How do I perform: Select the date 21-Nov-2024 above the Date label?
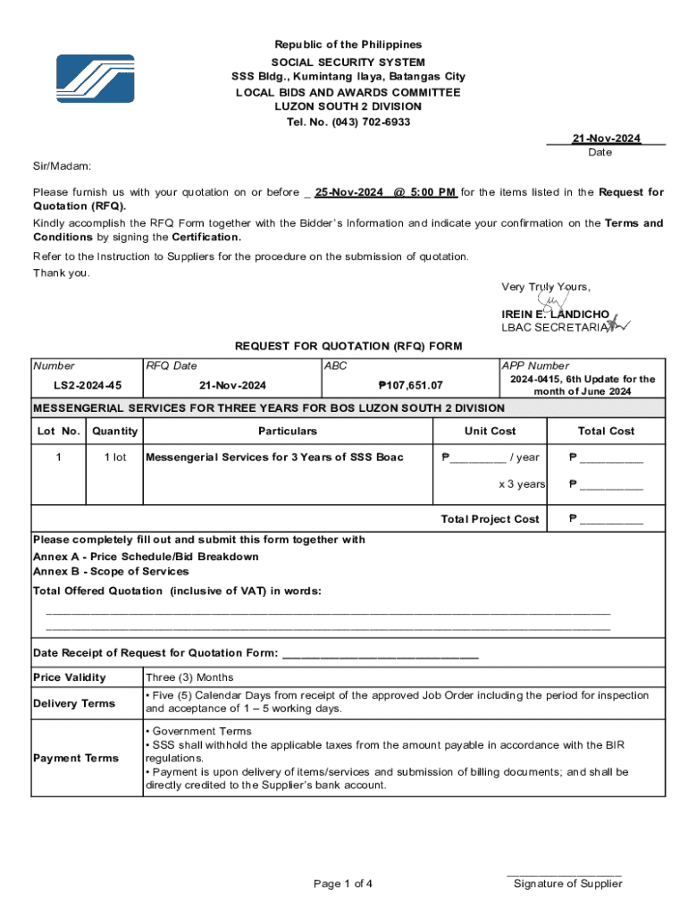click(606, 139)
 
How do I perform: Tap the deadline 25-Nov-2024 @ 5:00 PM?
click(385, 192)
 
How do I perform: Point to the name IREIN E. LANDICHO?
click(555, 315)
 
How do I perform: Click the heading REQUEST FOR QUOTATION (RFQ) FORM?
click(348, 346)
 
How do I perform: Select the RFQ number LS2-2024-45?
click(88, 385)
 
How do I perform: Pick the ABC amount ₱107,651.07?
click(410, 385)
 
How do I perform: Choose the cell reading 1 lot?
click(114, 457)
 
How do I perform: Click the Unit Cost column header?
click(490, 431)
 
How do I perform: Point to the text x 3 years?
click(522, 484)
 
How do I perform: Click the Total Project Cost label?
click(490, 519)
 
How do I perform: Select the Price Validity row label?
click(69, 677)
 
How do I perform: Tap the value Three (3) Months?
click(189, 677)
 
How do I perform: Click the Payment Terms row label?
click(76, 759)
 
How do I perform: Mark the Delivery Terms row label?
click(74, 703)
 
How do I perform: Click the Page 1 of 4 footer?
click(343, 884)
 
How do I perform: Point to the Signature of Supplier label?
click(567, 884)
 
